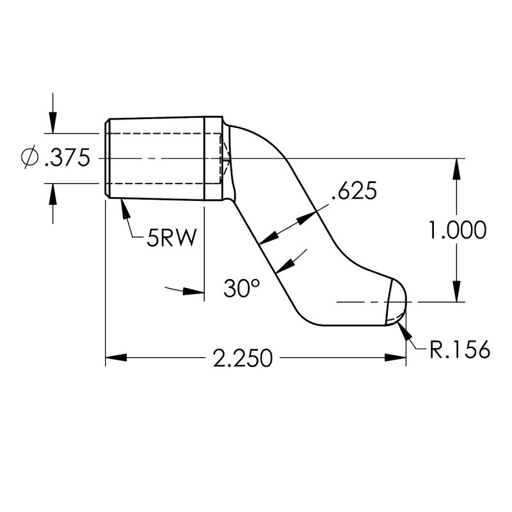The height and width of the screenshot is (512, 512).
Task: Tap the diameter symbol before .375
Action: (29, 157)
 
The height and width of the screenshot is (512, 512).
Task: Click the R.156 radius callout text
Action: (460, 349)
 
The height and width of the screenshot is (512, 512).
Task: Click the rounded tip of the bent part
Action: (400, 300)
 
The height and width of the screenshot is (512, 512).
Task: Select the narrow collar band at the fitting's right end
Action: (214, 158)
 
